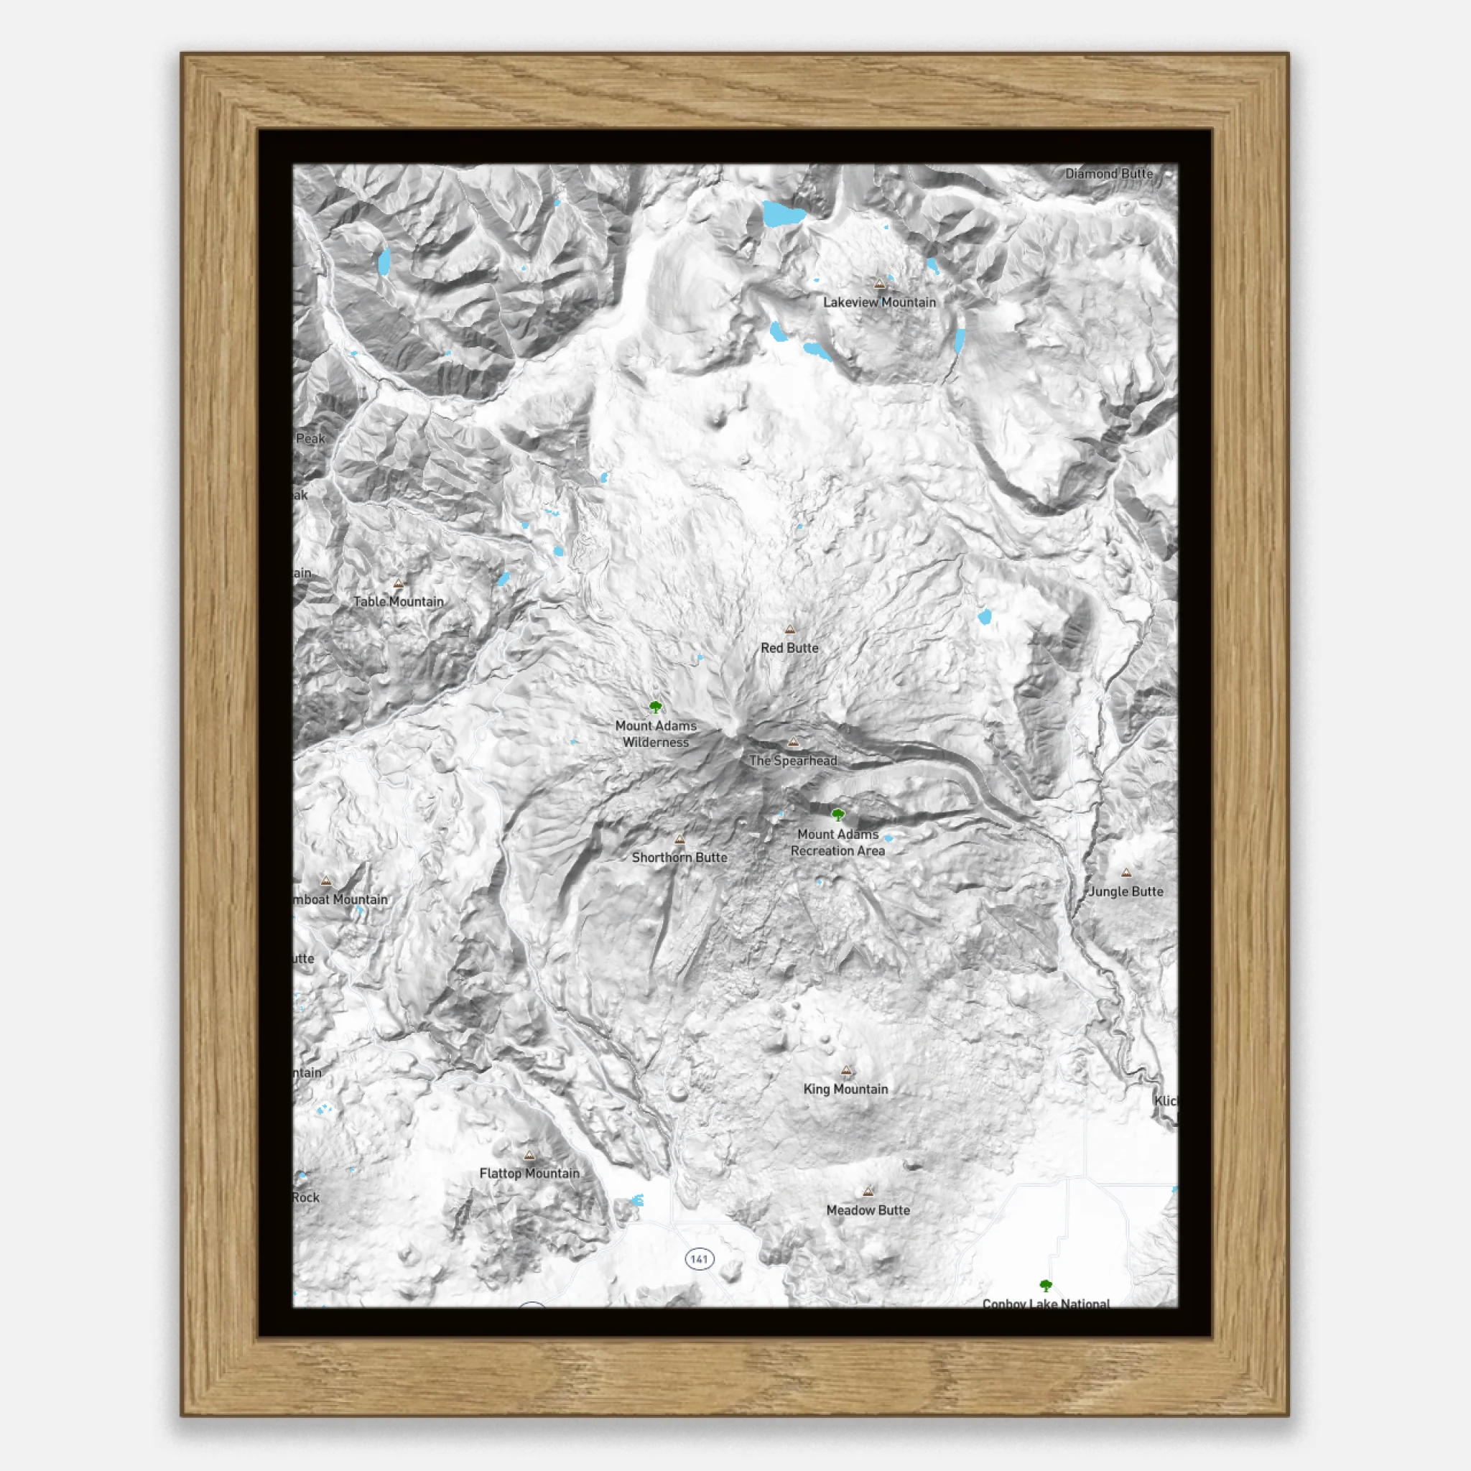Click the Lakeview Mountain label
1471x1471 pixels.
[879, 302]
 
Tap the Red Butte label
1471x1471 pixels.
[789, 648]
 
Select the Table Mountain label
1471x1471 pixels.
[398, 601]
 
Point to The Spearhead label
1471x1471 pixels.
[793, 761]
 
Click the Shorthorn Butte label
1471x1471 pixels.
[679, 858]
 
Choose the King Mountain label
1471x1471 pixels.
[845, 1089]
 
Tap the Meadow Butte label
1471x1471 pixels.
[868, 1210]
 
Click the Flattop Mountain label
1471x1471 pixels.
[529, 1174]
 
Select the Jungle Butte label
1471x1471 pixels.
[1126, 891]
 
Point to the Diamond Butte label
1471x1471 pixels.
[1108, 174]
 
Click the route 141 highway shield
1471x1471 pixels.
[699, 1258]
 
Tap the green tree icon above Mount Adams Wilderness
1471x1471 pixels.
[656, 707]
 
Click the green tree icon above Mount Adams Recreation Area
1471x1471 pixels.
[837, 815]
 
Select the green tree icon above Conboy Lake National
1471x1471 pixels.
[1045, 1286]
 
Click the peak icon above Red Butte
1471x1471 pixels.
[789, 630]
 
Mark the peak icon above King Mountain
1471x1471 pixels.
[846, 1070]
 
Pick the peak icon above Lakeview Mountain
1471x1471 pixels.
[879, 284]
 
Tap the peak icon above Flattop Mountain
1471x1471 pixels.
[529, 1155]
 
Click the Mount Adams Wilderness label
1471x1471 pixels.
[656, 734]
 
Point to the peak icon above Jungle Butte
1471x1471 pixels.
[1126, 873]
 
